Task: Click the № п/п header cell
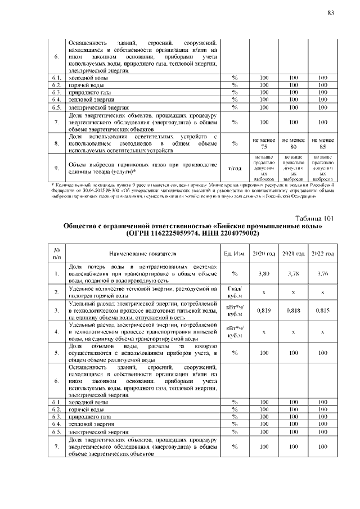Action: (x=57, y=253)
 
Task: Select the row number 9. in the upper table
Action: (x=57, y=168)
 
